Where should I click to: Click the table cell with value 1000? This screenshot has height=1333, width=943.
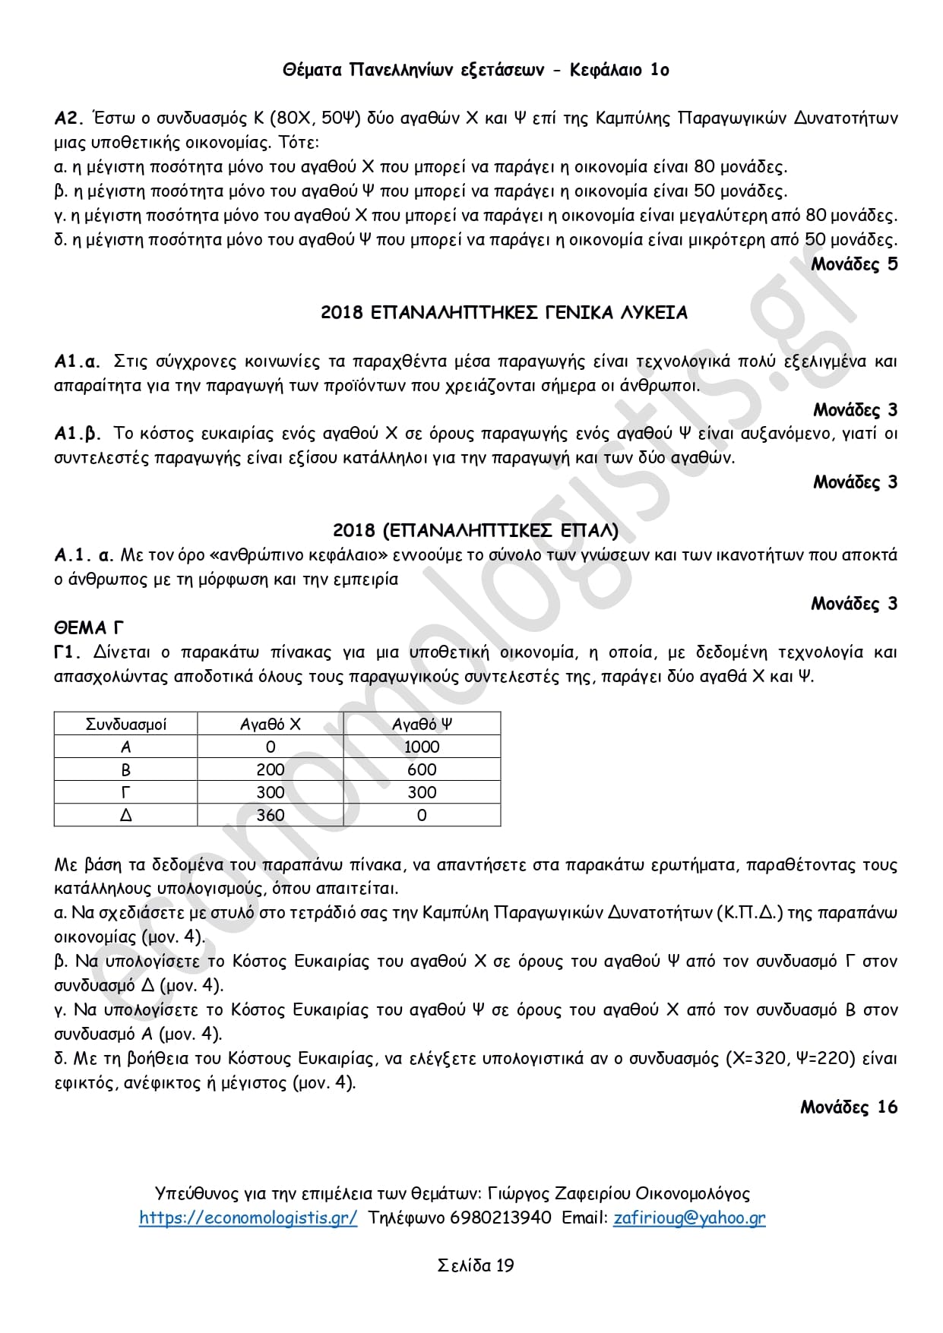422,747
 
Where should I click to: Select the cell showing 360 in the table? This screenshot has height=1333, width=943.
271,815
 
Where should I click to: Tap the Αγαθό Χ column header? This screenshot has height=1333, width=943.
271,724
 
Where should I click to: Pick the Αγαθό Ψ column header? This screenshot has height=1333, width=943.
422,724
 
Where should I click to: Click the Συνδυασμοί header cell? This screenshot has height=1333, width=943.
126,724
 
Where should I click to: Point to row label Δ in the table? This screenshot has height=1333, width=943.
126,815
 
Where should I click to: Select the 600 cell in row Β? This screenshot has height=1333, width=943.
422,769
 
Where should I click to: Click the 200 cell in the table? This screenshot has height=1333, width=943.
271,769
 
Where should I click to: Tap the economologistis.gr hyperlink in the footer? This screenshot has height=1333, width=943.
248,1218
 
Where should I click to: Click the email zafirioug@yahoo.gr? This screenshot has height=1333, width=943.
689,1218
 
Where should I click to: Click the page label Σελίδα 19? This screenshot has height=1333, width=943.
476,1265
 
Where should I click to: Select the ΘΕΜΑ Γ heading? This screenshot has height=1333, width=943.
89,628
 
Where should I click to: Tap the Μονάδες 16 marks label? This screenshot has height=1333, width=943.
848,1107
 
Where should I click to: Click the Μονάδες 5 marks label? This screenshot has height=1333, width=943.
854,264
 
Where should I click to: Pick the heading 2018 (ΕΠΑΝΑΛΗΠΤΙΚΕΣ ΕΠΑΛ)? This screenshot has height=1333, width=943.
476,530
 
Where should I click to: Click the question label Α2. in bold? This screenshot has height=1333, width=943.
68,118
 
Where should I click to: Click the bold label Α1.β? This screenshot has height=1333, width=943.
78,434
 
